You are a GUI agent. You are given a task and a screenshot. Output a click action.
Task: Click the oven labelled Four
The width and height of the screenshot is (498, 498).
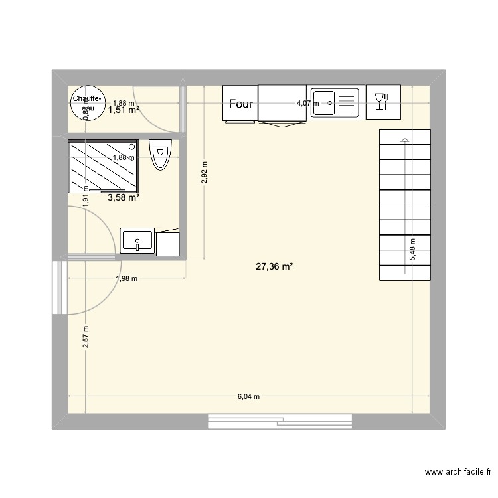[x=240, y=104]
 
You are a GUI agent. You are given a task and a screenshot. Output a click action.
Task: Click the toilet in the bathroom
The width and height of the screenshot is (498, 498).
[x=161, y=155]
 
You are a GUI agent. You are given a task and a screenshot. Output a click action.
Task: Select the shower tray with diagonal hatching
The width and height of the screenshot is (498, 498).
[x=102, y=166]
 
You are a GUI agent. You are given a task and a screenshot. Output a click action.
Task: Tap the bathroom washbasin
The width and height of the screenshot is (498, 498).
[x=137, y=240]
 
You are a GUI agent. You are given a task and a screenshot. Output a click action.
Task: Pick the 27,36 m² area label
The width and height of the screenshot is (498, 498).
[x=274, y=266]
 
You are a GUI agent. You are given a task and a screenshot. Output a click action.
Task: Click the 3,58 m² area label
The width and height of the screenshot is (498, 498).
[x=124, y=197]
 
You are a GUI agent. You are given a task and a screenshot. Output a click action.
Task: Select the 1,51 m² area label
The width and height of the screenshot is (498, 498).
[x=124, y=110]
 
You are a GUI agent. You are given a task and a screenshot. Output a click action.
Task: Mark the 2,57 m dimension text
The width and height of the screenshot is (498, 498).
[x=86, y=339]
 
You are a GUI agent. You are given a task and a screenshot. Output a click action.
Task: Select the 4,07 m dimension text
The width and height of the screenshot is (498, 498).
[x=307, y=103]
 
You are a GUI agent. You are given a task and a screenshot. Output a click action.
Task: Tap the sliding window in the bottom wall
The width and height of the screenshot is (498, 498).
[x=280, y=422]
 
